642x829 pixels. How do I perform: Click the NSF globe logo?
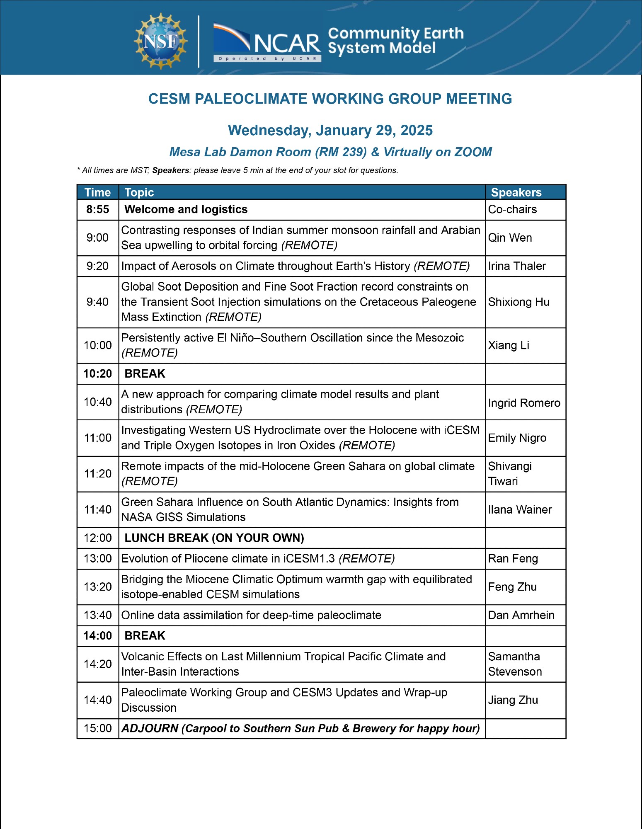(160, 41)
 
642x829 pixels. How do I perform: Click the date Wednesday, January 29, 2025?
(330, 131)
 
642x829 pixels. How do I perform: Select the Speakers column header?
(516, 192)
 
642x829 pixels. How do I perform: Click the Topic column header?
(139, 192)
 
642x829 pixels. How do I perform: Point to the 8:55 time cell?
(98, 209)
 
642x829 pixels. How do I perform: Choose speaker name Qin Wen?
(510, 238)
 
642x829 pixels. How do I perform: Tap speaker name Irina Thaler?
(517, 266)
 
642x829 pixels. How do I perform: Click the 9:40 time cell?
(98, 302)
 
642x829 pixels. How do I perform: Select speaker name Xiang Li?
(509, 345)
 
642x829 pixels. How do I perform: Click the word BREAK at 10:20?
(145, 374)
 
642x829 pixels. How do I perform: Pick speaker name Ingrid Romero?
(524, 402)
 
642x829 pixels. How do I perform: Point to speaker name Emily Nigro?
(517, 438)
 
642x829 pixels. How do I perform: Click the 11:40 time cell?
(98, 509)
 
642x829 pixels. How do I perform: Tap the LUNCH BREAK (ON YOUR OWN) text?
(214, 538)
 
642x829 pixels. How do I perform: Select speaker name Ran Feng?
(513, 559)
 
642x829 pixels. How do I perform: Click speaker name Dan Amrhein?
(521, 615)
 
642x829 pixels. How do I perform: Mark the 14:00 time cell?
(98, 636)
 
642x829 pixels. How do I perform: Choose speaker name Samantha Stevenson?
(515, 664)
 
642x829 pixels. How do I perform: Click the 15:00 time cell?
(98, 728)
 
